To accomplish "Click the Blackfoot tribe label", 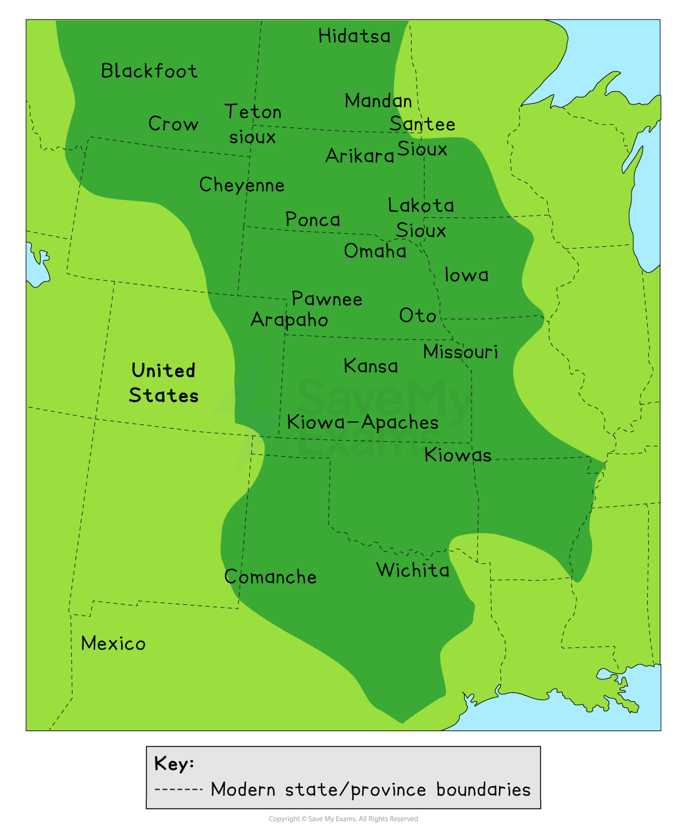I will coord(149,71).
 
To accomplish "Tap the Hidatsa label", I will coord(354,36).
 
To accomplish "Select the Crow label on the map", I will coord(173,124).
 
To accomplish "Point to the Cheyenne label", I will coord(242,185).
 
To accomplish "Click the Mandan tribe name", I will coord(378,101).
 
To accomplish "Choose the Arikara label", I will coord(360,156).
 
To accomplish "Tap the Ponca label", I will coord(313,219).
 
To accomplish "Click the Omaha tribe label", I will coord(375,251).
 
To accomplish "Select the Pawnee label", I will coord(327,299).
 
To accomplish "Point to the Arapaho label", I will coord(289,320).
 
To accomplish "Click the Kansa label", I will coord(371,366).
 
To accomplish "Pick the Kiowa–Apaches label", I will coord(363,422).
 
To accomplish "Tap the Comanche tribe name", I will coord(270,577).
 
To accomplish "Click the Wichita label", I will coord(413,570).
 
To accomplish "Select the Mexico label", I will coord(113,644).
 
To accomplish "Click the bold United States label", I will coord(164,383).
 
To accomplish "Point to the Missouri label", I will coord(461,352).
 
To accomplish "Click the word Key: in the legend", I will coord(174,764).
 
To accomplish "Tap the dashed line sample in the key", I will coord(179,789).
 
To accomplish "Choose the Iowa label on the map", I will coord(467,275).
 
